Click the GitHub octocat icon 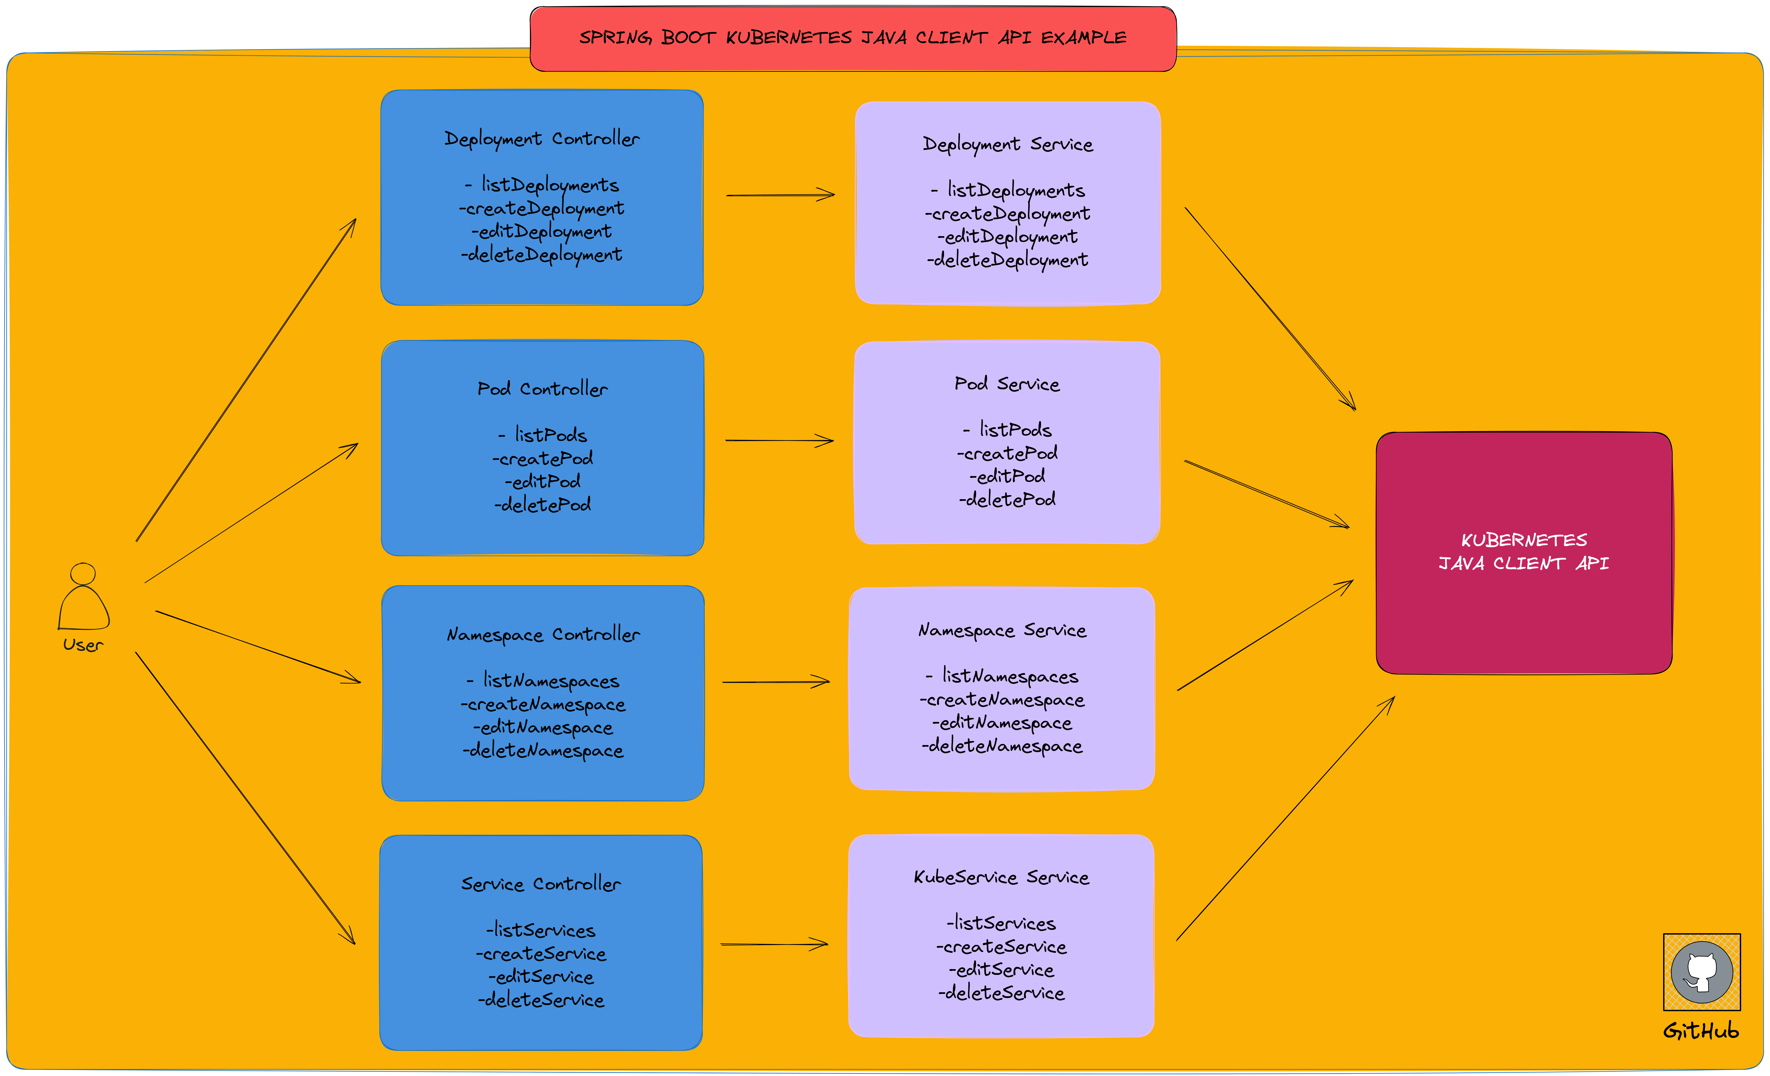click(x=1701, y=972)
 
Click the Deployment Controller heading click(x=542, y=139)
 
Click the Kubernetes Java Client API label click(x=1524, y=552)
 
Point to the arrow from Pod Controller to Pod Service click(x=779, y=440)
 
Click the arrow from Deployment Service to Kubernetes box click(x=1270, y=309)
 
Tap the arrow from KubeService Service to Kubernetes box click(x=1285, y=819)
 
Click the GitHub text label click(x=1701, y=1031)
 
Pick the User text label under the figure click(x=83, y=645)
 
